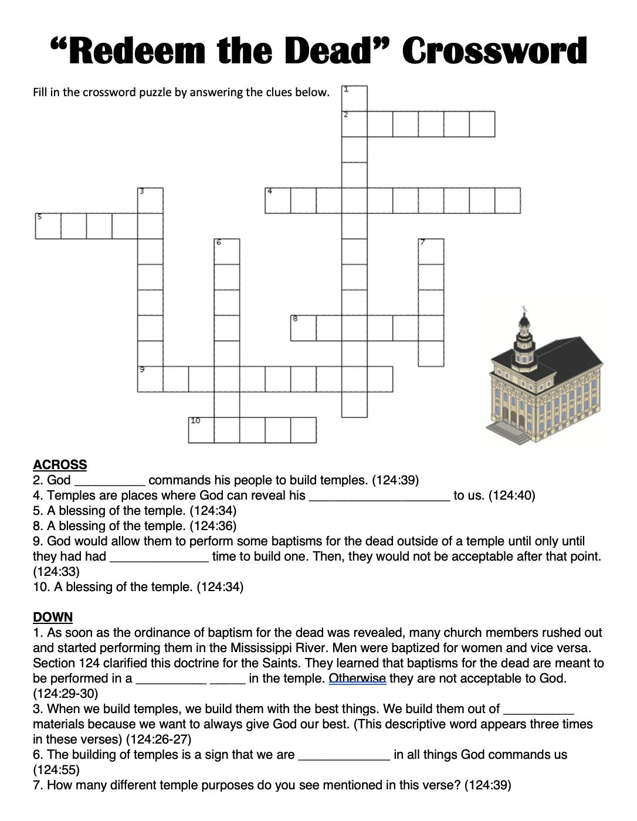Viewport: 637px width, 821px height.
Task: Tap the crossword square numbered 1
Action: [x=354, y=98]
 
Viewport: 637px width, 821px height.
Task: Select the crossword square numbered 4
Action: [x=278, y=201]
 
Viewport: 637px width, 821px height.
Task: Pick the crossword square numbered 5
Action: [x=48, y=226]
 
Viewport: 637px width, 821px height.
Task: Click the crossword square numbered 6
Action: [x=227, y=252]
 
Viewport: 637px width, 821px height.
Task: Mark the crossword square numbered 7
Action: [x=431, y=252]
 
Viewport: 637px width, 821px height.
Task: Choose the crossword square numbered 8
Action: [x=303, y=328]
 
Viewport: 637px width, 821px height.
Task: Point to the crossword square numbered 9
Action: [x=150, y=379]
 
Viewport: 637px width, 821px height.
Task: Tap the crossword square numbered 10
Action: [x=201, y=430]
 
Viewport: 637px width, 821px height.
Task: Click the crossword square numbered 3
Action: [x=150, y=201]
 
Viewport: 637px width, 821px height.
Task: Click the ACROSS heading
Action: [x=60, y=465]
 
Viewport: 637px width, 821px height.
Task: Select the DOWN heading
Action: [x=53, y=617]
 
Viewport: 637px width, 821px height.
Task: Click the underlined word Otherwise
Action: [x=357, y=678]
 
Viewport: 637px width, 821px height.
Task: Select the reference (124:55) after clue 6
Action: [x=56, y=770]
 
